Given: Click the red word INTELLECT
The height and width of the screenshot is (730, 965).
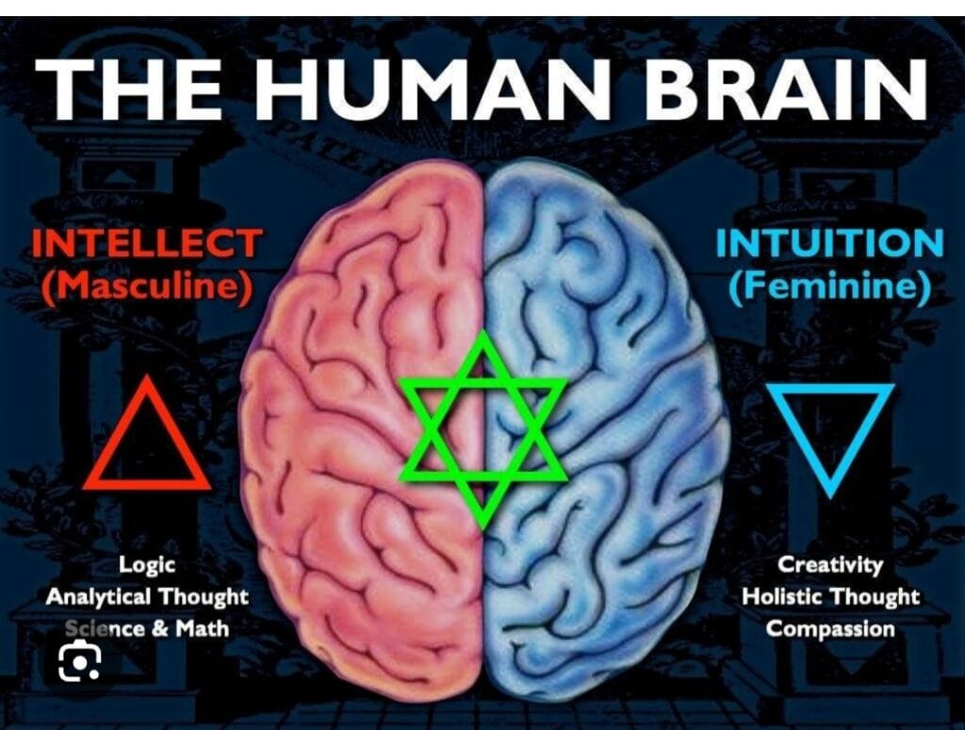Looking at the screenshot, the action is click(x=147, y=243).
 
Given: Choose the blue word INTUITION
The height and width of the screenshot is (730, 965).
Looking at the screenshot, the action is click(x=829, y=243).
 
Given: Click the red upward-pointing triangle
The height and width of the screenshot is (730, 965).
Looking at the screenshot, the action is click(x=146, y=434).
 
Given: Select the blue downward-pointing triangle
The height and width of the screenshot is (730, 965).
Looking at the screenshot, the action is click(x=830, y=439).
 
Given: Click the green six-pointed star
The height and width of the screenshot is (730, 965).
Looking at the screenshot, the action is click(x=483, y=430).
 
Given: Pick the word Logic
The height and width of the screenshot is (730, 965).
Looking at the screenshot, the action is click(x=146, y=565).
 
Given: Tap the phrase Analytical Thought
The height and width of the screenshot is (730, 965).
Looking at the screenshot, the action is click(x=146, y=596).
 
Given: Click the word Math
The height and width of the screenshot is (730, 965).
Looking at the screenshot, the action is click(x=202, y=628).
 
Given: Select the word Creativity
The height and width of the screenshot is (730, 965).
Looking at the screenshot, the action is click(x=829, y=564).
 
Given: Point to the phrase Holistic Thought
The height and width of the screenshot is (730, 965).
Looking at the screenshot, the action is click(x=829, y=596).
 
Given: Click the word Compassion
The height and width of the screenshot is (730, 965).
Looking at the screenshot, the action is click(x=829, y=628).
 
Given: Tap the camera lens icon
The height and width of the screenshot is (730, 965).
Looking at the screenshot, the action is click(x=79, y=660).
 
